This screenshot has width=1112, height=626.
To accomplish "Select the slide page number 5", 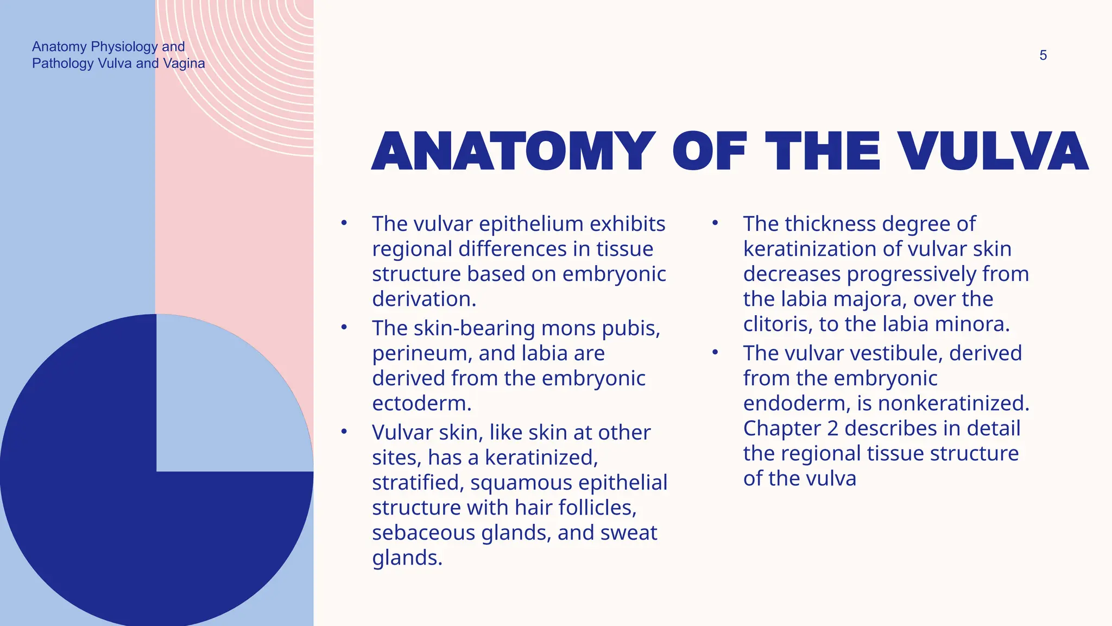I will tap(1043, 55).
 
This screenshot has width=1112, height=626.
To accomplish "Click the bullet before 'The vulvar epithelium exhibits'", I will tap(344, 223).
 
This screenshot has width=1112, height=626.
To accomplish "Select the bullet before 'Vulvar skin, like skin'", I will tap(344, 431).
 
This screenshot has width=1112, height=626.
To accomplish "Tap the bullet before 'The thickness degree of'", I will tap(715, 223).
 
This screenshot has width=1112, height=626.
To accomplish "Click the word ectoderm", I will tap(421, 404).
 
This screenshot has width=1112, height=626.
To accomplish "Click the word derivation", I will tap(424, 299).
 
